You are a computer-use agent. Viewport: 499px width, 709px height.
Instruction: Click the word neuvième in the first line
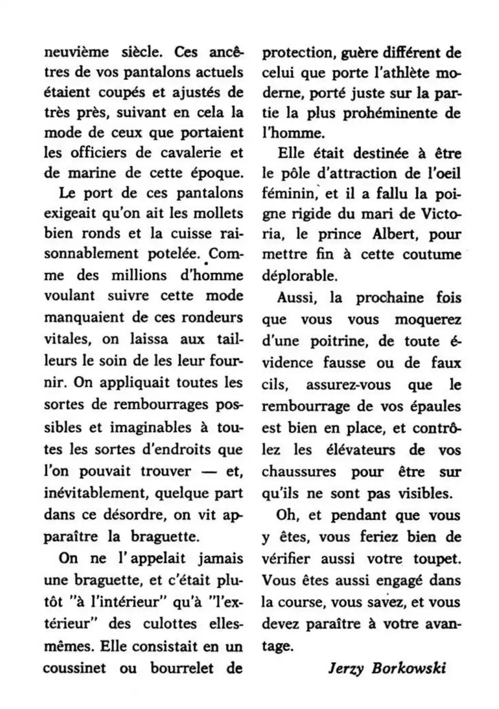coord(76,52)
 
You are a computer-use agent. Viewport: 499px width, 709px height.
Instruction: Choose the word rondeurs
coord(212,317)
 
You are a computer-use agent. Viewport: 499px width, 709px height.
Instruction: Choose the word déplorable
coord(299,276)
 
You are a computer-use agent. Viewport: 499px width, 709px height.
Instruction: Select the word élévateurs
coord(360,450)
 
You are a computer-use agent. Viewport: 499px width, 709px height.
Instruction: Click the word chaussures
coord(299,472)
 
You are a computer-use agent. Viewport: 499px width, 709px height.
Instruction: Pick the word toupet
coord(437,559)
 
